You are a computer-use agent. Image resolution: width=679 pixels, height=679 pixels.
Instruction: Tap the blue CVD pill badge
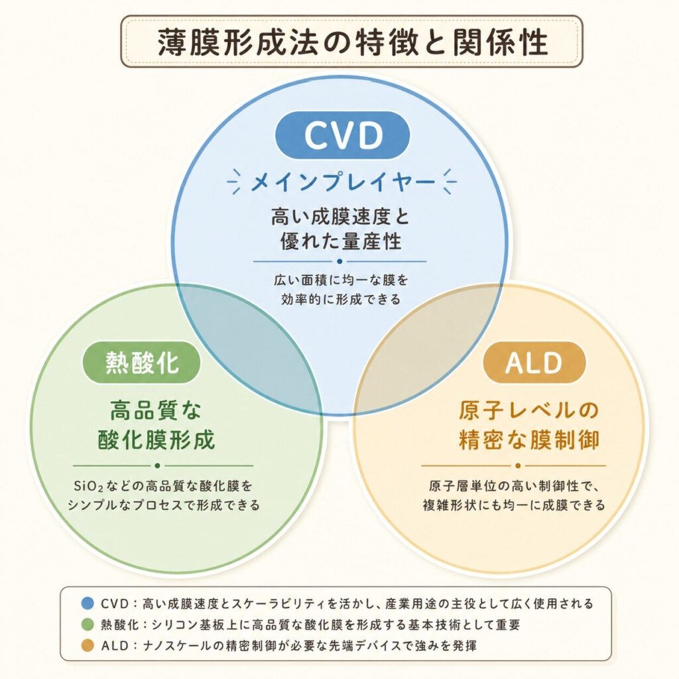tap(343, 135)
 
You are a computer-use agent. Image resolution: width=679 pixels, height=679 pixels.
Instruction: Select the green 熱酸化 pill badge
tap(142, 363)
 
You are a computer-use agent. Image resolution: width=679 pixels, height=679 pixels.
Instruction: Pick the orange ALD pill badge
tap(534, 363)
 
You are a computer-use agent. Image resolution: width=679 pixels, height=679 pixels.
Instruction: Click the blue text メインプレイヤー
tap(342, 182)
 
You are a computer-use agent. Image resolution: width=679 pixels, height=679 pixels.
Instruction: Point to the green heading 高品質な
tap(156, 410)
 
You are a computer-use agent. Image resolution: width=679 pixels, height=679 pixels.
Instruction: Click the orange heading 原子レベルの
tap(528, 410)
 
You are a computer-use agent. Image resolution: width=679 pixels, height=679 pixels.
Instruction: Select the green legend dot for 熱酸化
tap(88, 625)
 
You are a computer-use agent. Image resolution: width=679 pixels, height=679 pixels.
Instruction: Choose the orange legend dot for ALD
tap(88, 646)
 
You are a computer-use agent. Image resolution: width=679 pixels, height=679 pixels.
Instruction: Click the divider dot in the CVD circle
tap(339, 261)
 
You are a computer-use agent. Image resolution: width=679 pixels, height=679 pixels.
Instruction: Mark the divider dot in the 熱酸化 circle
tap(157, 466)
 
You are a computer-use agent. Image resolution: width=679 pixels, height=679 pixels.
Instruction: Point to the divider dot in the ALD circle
tap(518, 466)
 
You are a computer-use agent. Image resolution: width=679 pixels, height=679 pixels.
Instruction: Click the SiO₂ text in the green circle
tap(88, 486)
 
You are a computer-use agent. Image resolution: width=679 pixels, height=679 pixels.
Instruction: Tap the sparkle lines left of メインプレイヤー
tap(235, 182)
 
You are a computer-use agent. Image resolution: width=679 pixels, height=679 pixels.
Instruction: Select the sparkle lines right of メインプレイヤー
tap(449, 182)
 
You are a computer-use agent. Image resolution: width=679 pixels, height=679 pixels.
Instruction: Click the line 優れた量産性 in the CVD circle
tap(341, 241)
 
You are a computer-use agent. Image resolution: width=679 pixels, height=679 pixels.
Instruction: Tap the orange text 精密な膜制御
tap(528, 440)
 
